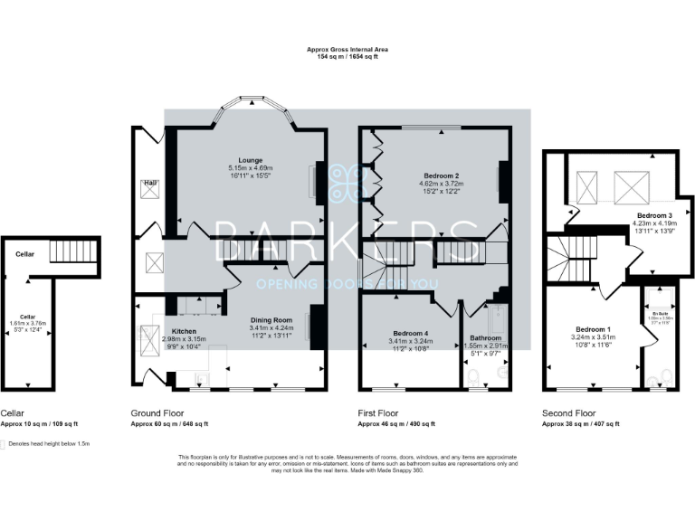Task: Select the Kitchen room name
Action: tap(185, 331)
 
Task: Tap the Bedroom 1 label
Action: tap(594, 328)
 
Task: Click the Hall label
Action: tap(149, 184)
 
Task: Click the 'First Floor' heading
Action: tap(376, 412)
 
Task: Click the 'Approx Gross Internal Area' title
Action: tap(347, 50)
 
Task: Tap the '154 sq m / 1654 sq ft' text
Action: tap(347, 57)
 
